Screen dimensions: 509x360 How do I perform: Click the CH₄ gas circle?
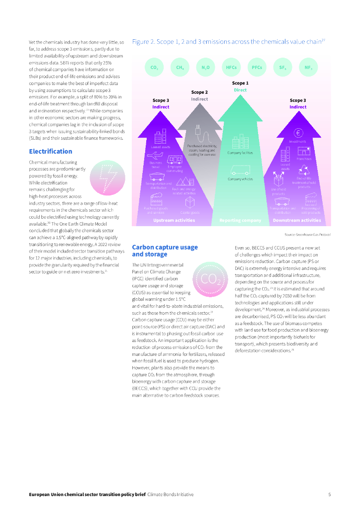pyautogui.click(x=180, y=67)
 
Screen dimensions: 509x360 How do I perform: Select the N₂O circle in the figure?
pyautogui.click(x=205, y=67)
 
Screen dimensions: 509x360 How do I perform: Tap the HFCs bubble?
pyautogui.click(x=231, y=67)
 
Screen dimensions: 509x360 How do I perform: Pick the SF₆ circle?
pyautogui.click(x=282, y=67)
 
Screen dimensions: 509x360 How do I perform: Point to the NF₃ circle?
pyautogui.click(x=308, y=67)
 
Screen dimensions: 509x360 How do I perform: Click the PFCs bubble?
pyautogui.click(x=257, y=67)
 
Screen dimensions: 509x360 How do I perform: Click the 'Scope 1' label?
pyautogui.click(x=240, y=83)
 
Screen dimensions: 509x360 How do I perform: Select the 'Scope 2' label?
pyautogui.click(x=199, y=92)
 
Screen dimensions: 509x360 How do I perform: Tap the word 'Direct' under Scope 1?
pyautogui.click(x=240, y=90)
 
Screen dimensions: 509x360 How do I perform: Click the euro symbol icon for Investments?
pyautogui.click(x=299, y=133)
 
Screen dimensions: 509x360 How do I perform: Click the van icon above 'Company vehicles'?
pyautogui.click(x=240, y=169)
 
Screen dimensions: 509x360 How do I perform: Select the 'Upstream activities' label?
pyautogui.click(x=174, y=220)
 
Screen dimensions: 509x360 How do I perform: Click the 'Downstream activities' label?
pyautogui.click(x=297, y=220)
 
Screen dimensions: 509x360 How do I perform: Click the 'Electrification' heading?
pyautogui.click(x=50, y=151)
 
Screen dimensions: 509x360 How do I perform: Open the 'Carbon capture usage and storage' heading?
pyautogui.click(x=165, y=251)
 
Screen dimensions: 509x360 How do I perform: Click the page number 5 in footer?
pyautogui.click(x=329, y=495)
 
